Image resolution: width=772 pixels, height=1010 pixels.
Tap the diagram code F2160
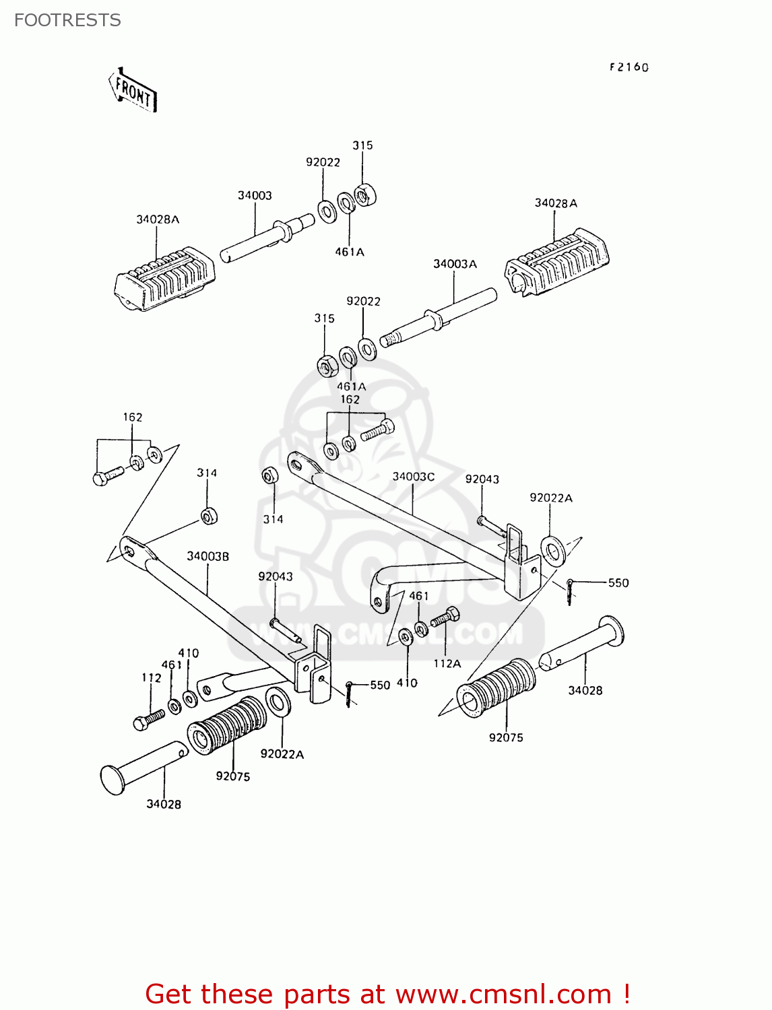pyautogui.click(x=629, y=67)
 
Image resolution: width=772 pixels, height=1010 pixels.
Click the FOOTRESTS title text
pyautogui.click(x=67, y=20)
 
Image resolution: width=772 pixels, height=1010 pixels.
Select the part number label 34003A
pyautogui.click(x=455, y=264)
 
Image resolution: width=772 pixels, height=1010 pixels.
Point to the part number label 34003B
pyautogui.click(x=207, y=556)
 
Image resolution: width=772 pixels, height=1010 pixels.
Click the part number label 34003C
pyautogui.click(x=414, y=477)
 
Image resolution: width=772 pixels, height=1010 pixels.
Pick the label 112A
pyautogui.click(x=447, y=663)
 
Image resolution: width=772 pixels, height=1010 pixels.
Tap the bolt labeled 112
pyautogui.click(x=148, y=720)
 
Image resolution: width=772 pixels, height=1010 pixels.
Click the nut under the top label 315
pyautogui.click(x=364, y=195)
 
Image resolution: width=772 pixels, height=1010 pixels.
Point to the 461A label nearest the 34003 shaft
pyautogui.click(x=349, y=252)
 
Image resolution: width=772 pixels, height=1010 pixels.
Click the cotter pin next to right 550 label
pyautogui.click(x=570, y=591)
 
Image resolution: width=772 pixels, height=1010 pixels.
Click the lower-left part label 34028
pyautogui.click(x=164, y=804)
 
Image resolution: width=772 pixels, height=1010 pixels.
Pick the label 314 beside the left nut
pyautogui.click(x=207, y=473)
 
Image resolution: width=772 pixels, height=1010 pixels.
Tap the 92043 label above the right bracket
pyautogui.click(x=482, y=479)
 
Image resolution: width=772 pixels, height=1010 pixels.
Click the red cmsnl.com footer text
pyautogui.click(x=387, y=994)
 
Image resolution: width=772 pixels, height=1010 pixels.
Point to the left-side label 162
pyautogui.click(x=133, y=417)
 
